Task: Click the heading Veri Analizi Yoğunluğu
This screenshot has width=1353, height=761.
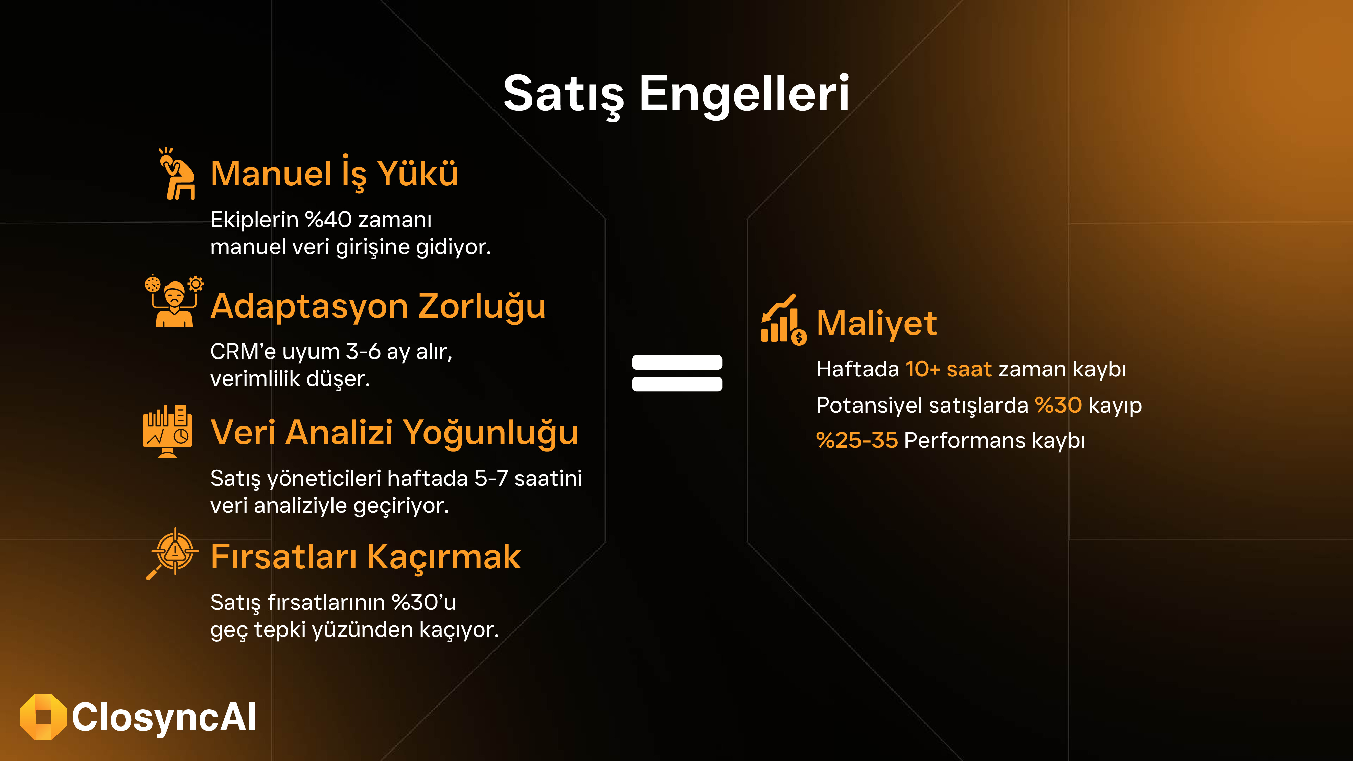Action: pyautogui.click(x=394, y=433)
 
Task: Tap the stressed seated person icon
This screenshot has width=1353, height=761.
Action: pyautogui.click(x=177, y=173)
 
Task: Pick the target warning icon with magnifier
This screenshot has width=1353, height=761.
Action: pyautogui.click(x=172, y=554)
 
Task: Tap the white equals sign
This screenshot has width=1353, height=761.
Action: pyautogui.click(x=677, y=373)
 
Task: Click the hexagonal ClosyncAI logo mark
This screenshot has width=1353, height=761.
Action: pyautogui.click(x=43, y=717)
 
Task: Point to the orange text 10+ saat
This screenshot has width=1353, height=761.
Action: pyautogui.click(x=948, y=369)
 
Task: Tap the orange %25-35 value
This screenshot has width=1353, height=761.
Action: pyautogui.click(x=857, y=440)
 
